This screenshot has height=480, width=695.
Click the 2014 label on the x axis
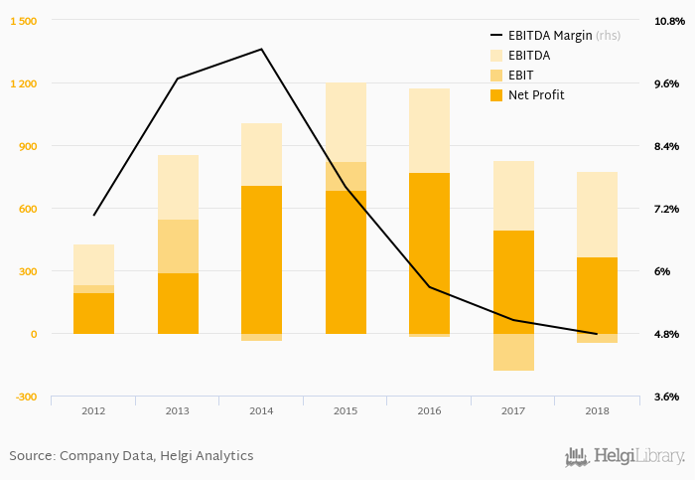click(x=261, y=410)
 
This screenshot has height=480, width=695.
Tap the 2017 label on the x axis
click(x=513, y=410)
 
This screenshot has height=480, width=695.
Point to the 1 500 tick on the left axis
click(x=23, y=21)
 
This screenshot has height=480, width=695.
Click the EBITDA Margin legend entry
click(x=563, y=35)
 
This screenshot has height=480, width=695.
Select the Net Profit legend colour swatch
click(x=495, y=95)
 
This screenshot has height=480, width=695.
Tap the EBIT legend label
click(x=522, y=76)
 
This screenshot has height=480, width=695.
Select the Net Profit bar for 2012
click(x=93, y=313)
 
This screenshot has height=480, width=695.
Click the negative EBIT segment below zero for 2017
click(x=513, y=352)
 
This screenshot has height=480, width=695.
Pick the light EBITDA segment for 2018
click(x=598, y=214)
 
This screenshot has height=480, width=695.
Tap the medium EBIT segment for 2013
click(x=178, y=246)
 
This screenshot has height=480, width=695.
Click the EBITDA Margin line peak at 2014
click(x=261, y=49)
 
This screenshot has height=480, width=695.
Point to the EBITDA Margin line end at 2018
click(x=597, y=334)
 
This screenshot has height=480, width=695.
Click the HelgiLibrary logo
click(x=625, y=456)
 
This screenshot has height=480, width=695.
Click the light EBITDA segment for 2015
click(x=346, y=122)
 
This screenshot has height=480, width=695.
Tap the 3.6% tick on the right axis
click(x=666, y=397)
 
